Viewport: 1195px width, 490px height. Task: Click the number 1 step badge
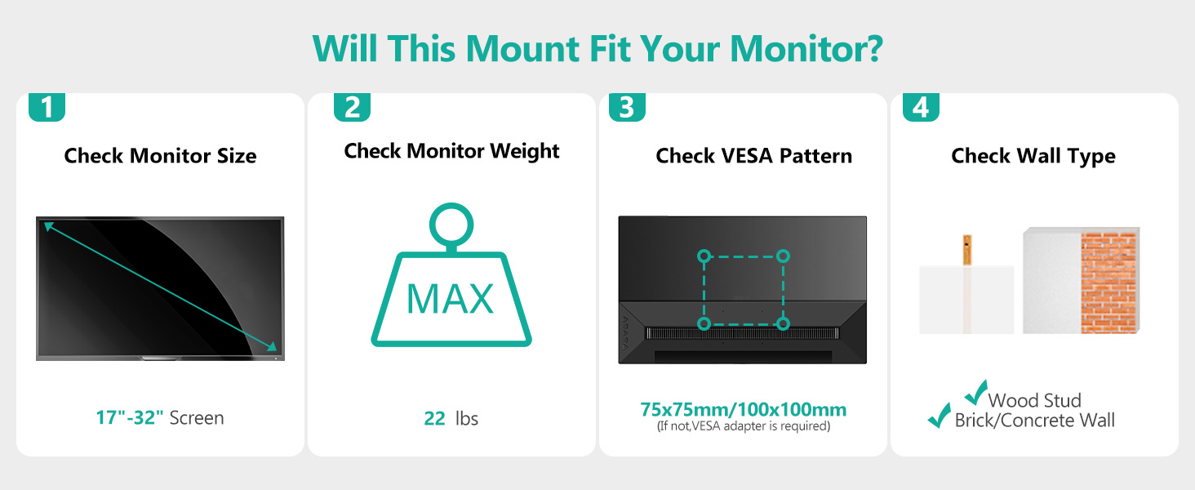[47, 107]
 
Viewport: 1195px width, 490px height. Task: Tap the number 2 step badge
[352, 107]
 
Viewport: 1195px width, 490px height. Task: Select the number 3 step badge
[627, 107]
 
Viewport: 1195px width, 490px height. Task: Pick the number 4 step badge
[921, 107]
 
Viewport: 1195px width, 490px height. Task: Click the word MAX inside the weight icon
[450, 298]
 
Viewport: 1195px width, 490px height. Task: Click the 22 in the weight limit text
[434, 418]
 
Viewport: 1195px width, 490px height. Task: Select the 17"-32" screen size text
[129, 417]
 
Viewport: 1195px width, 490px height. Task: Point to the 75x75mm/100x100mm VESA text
[743, 409]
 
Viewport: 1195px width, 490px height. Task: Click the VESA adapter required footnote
[743, 426]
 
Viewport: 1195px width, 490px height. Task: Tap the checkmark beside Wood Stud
[975, 392]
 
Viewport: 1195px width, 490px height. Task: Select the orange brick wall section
[1108, 283]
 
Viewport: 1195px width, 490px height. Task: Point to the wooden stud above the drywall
[967, 250]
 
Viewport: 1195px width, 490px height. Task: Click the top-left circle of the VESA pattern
[704, 256]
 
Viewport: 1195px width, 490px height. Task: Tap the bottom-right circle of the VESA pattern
[783, 323]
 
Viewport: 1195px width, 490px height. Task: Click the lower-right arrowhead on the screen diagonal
[272, 346]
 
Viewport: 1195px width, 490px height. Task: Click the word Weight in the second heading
[525, 152]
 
